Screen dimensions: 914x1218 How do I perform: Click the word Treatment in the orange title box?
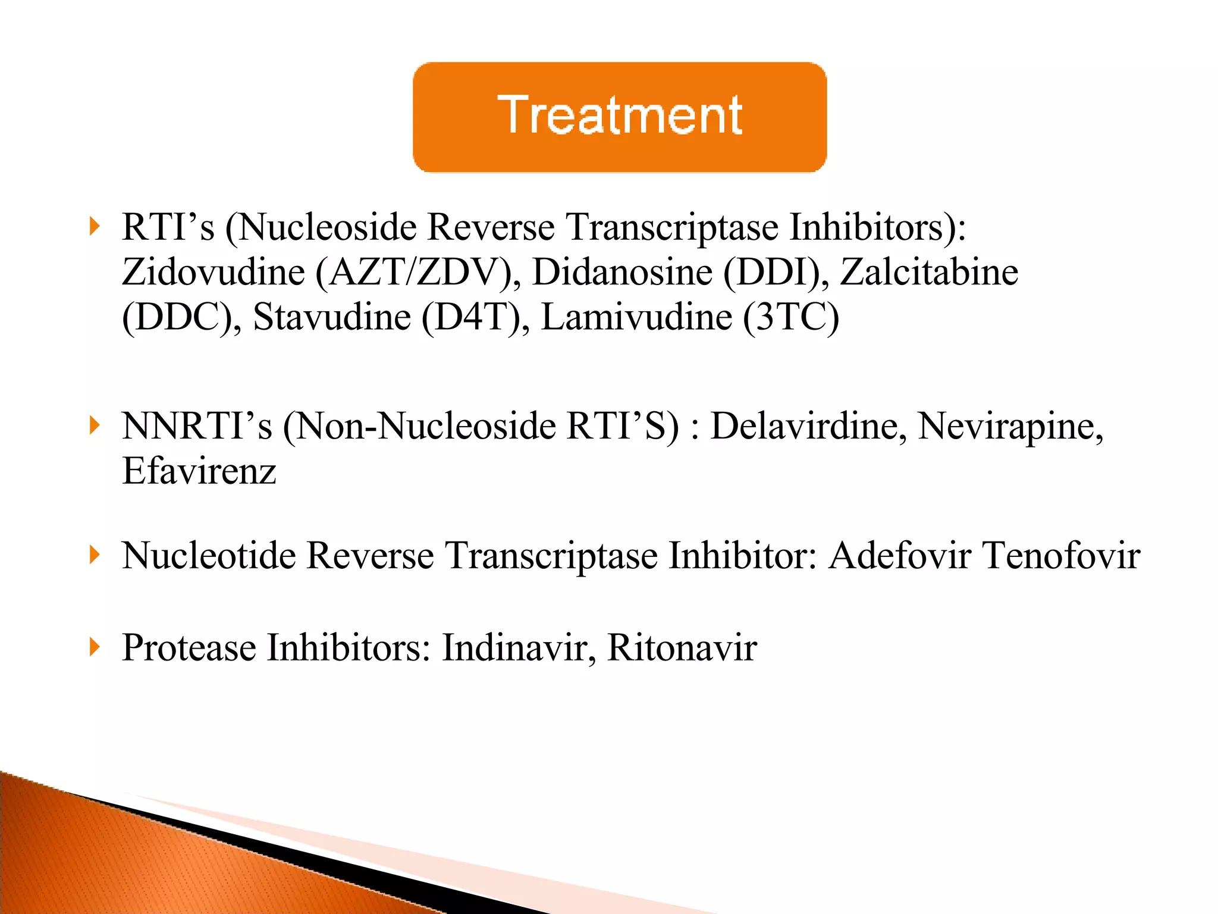[x=620, y=115]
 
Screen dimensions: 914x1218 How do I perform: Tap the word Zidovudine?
[x=214, y=273]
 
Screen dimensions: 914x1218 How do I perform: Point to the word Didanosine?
[x=622, y=273]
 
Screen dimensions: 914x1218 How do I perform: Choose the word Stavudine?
[x=332, y=317]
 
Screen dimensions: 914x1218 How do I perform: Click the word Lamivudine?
[x=636, y=317]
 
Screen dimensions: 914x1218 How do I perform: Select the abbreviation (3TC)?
[x=791, y=317]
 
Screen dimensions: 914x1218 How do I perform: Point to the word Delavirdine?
[x=809, y=427]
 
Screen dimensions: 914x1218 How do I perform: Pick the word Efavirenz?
[x=199, y=471]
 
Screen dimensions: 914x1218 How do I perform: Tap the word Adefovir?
[x=900, y=556]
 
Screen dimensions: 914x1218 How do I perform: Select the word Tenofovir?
[x=1061, y=556]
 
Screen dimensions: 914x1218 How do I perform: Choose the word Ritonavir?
[x=682, y=647]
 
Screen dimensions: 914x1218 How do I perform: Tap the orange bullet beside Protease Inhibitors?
[x=94, y=647]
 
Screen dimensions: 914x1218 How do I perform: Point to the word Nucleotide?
[x=209, y=556]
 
